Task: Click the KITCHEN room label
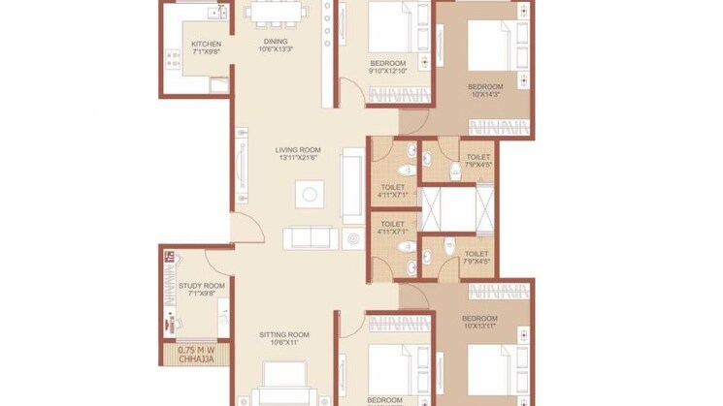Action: click(x=206, y=45)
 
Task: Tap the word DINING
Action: click(x=276, y=42)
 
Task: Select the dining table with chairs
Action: click(x=276, y=15)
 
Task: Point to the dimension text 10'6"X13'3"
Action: click(x=276, y=50)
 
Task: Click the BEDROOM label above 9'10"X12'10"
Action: click(x=387, y=61)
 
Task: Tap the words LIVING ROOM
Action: click(x=298, y=149)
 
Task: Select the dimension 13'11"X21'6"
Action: click(x=298, y=158)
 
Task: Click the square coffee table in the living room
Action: click(x=310, y=195)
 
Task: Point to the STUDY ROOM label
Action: click(x=202, y=286)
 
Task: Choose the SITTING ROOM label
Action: click(x=283, y=334)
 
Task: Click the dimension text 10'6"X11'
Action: click(x=283, y=343)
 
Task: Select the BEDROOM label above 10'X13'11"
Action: click(x=479, y=319)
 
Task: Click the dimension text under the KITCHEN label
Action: click(x=206, y=53)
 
